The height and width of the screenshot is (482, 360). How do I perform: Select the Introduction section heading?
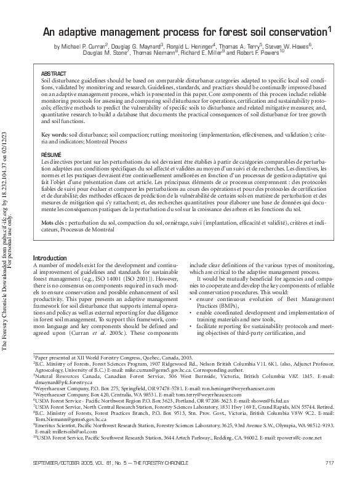tap(50, 257)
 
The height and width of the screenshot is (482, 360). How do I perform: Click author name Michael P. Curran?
tap(83, 46)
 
